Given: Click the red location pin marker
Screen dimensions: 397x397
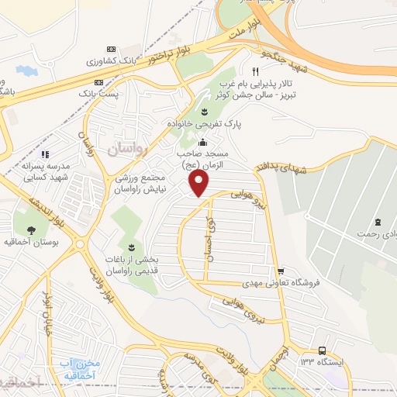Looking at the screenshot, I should point(199,183).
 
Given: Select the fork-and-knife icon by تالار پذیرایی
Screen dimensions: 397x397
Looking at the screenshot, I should point(245,71).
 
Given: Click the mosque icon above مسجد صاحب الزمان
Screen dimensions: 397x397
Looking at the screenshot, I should point(202,142).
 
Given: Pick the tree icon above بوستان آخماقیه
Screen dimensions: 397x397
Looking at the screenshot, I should point(30,230).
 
